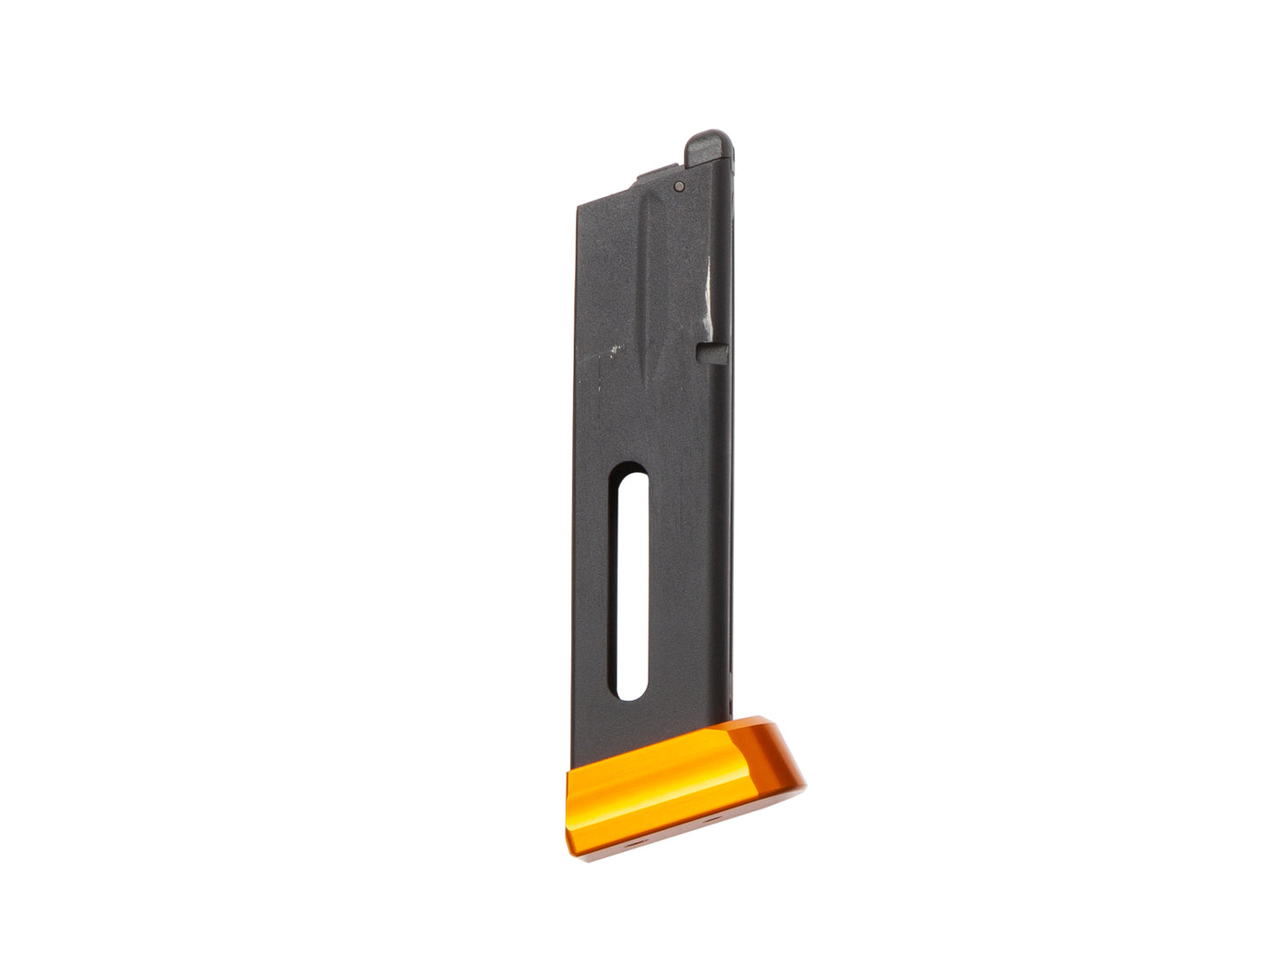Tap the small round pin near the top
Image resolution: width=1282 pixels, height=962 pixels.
tap(679, 186)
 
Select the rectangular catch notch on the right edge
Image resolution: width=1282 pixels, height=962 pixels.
tap(712, 353)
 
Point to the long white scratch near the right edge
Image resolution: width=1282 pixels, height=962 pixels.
tap(707, 293)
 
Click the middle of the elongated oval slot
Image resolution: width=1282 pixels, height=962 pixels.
tap(631, 581)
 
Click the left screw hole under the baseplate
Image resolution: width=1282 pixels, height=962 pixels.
tap(632, 844)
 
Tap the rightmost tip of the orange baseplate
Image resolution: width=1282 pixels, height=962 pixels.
tap(804, 786)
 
